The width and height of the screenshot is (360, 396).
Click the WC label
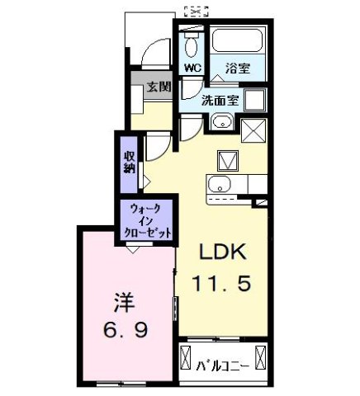point(192,67)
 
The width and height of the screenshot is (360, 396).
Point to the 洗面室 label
point(221,101)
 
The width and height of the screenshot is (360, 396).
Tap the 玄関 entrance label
point(159,85)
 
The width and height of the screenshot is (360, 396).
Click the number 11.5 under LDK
point(220,285)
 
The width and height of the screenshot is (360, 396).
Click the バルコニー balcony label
point(220,361)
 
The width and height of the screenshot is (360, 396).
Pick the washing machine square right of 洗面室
point(255,101)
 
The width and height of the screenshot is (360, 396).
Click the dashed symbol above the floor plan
point(197,10)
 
